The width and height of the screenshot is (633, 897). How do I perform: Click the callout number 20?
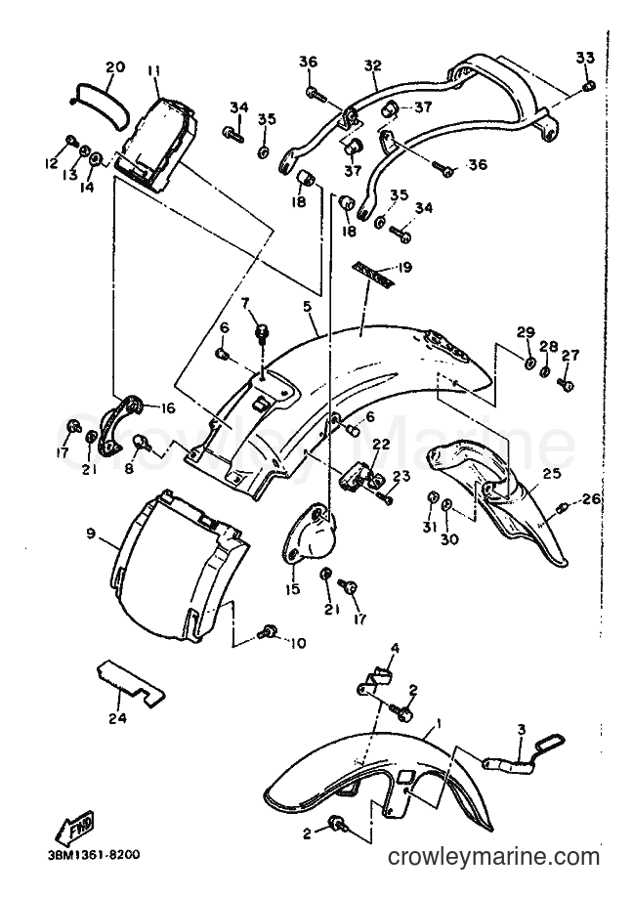(x=115, y=67)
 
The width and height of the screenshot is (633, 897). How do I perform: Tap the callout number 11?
(x=152, y=70)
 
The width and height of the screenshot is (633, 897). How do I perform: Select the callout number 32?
(x=372, y=65)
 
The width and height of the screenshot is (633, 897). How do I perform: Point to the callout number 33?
(x=585, y=58)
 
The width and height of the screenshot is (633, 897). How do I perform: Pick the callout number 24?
(x=119, y=717)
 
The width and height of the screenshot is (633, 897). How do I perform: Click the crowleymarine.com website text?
(x=493, y=856)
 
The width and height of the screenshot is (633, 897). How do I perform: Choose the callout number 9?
(x=91, y=534)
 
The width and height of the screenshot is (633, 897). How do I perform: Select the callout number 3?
(x=521, y=729)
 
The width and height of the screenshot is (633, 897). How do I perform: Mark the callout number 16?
(x=168, y=408)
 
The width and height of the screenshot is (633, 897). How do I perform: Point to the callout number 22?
(x=382, y=444)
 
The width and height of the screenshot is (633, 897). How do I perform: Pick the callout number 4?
(x=395, y=648)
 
